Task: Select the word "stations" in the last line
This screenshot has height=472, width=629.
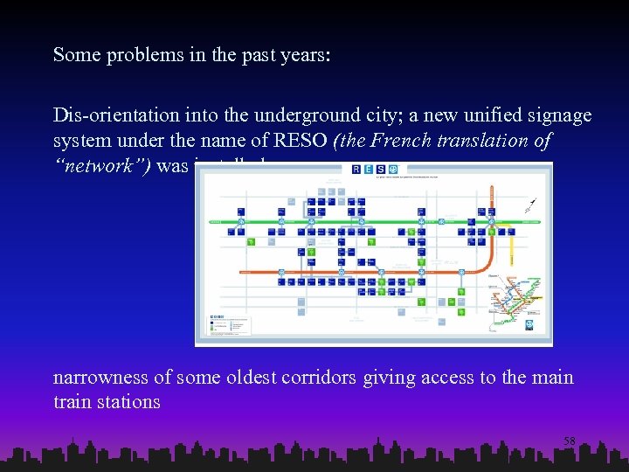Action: point(127,402)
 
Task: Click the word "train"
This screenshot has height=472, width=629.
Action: point(71,402)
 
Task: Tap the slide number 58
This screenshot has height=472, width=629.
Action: point(569,441)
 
